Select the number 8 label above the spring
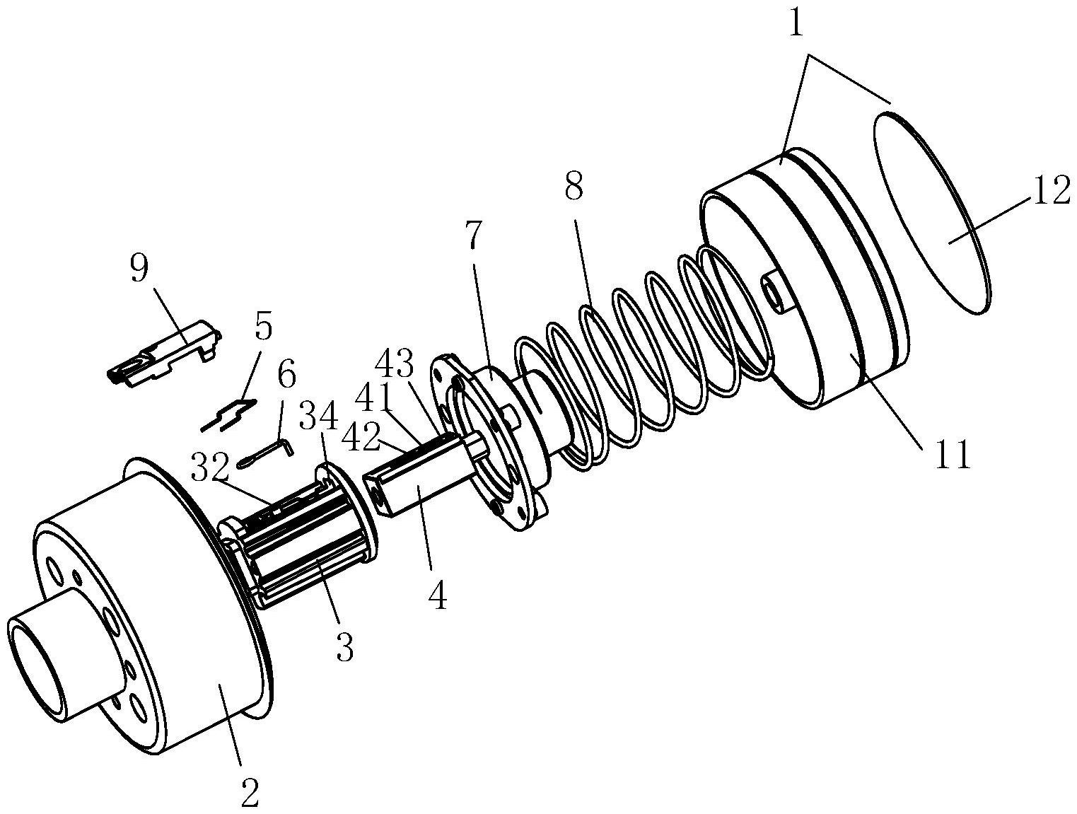574,187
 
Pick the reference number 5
263,327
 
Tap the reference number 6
286,375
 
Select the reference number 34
320,414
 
